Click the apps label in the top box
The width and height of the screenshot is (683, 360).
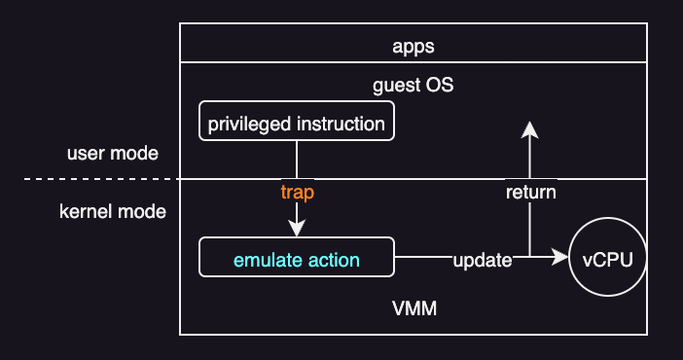point(413,46)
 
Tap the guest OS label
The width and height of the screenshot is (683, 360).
point(413,85)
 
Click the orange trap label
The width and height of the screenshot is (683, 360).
point(297,192)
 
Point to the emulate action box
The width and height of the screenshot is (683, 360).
point(296,259)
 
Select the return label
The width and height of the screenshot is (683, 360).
point(530,192)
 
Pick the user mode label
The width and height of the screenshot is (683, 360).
point(113,154)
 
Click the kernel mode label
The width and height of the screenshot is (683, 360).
point(113,211)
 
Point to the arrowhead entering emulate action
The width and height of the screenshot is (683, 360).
point(297,230)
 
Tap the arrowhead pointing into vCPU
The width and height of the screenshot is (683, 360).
point(560,258)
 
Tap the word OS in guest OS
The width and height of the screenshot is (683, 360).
point(440,85)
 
